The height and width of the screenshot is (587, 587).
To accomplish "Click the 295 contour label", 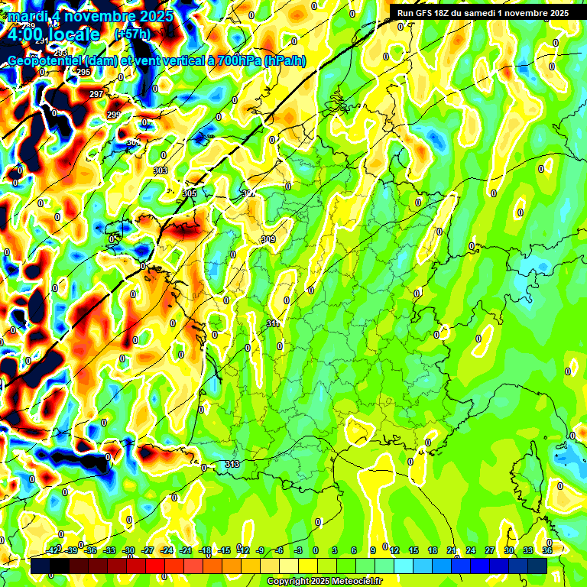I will coord(83,72).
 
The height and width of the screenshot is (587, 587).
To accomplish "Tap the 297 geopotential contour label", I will coord(96,94).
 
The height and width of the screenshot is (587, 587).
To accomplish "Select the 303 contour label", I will coord(161,170).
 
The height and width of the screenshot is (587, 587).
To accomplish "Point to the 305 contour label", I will coord(190,193).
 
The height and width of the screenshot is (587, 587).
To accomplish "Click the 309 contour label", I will coord(268,240).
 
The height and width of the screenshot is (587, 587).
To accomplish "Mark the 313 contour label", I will coord(233,464).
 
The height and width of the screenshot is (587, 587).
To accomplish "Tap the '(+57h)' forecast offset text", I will coord(132,34).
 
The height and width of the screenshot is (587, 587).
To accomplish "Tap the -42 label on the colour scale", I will coord(53,550).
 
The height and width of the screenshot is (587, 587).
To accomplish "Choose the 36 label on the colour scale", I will coord(547,550).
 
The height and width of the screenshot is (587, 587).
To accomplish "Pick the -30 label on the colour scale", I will coord(128,550).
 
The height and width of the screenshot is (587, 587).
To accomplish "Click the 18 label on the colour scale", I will coord(432,550).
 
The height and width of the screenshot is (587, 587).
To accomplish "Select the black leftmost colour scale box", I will coord(41,566).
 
